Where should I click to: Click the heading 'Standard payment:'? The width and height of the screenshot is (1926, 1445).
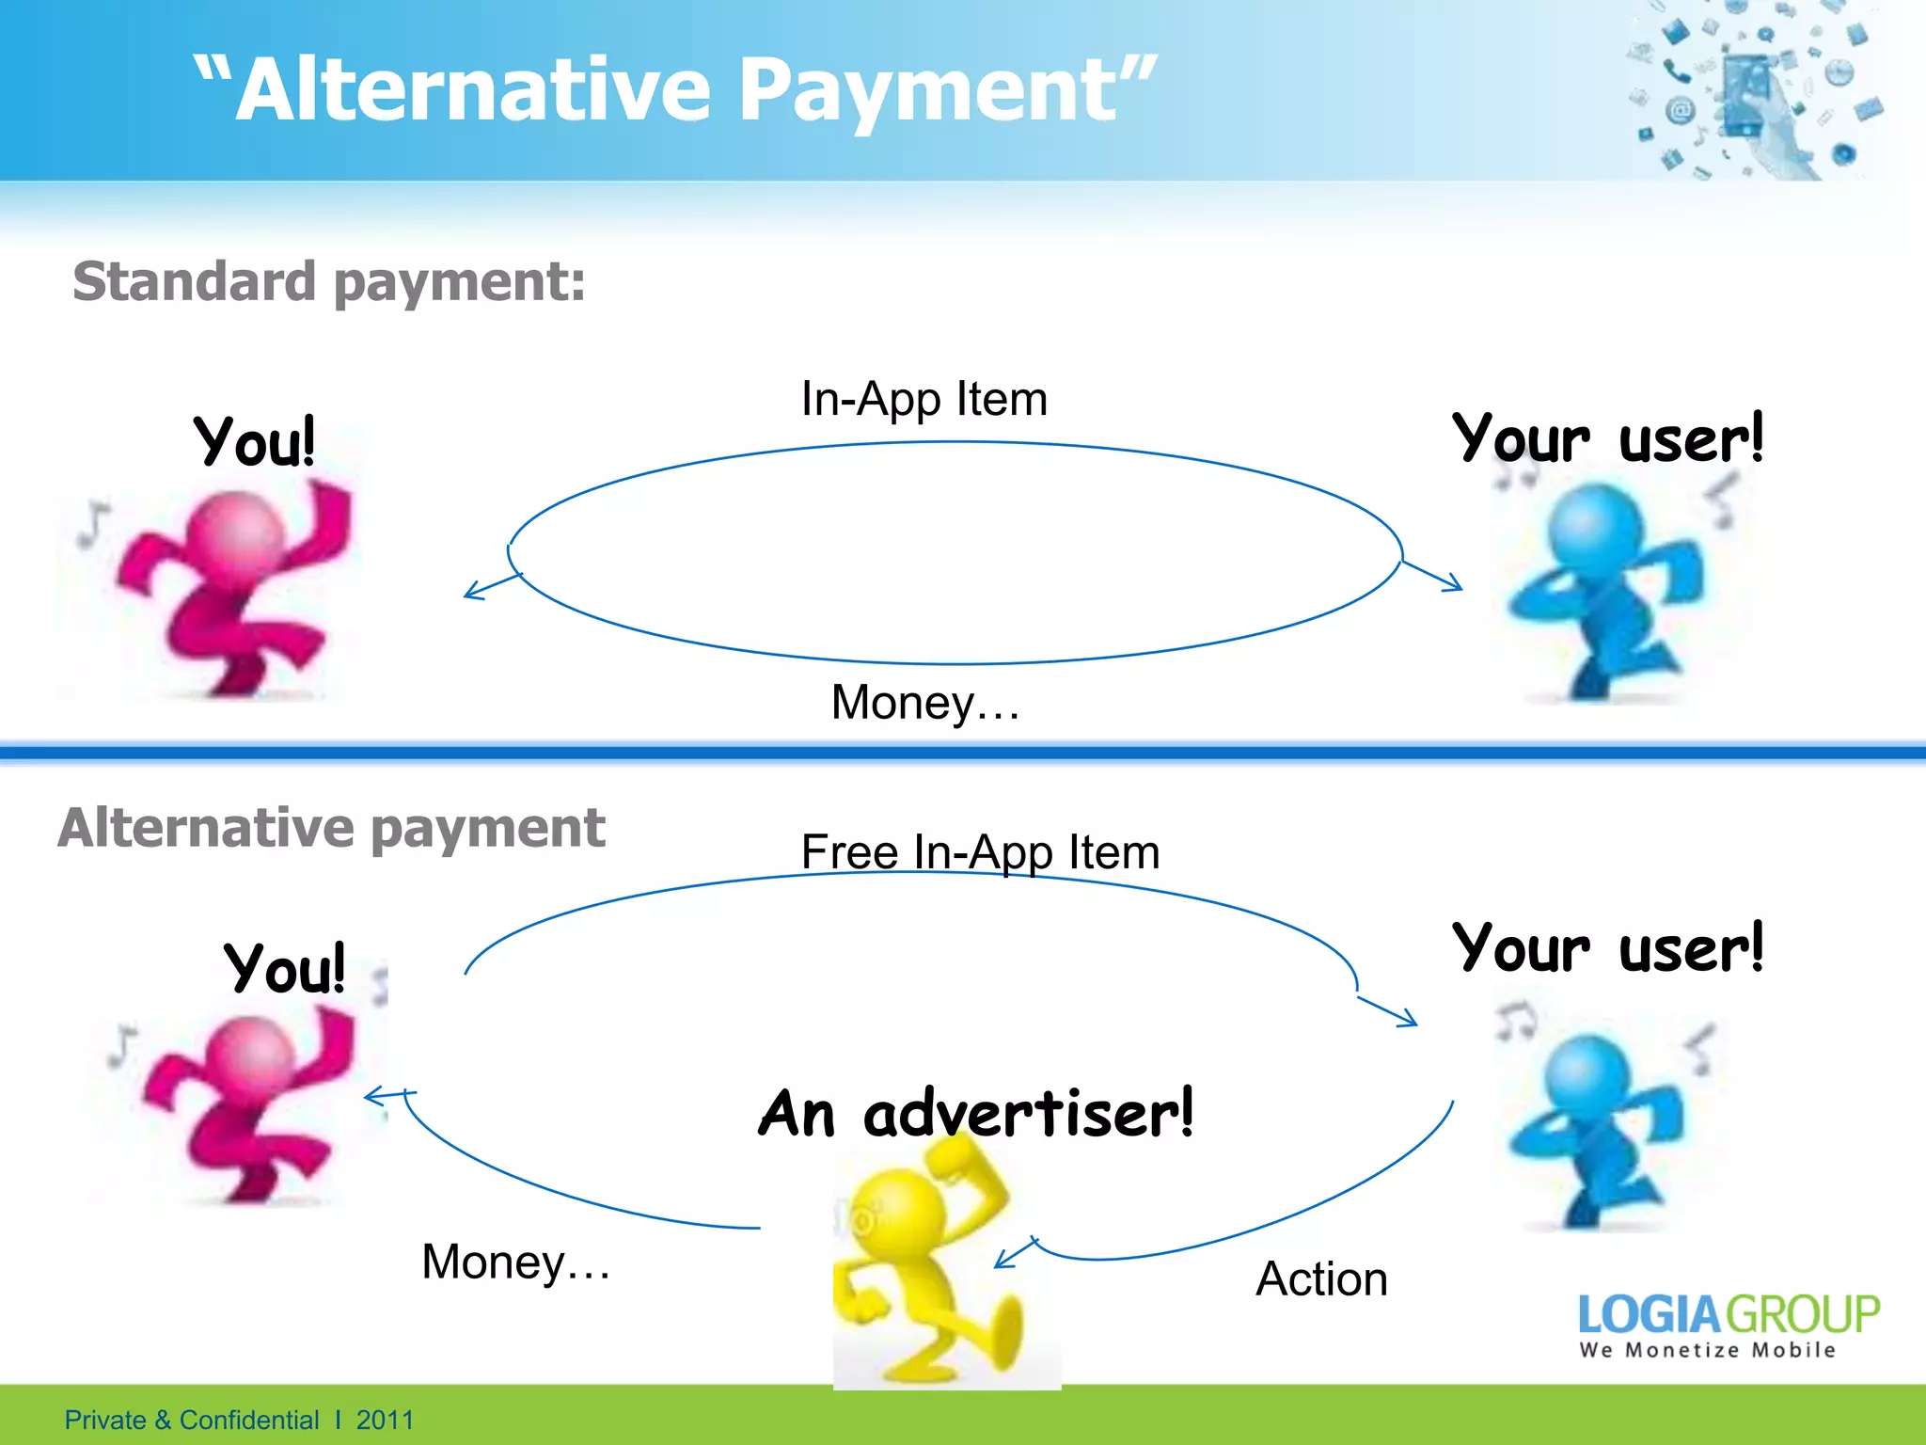point(329,281)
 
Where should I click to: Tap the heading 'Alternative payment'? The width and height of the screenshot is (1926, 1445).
point(331,828)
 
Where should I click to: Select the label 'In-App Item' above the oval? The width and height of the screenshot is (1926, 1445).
point(924,399)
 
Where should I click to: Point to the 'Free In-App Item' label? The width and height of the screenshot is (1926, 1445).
point(980,852)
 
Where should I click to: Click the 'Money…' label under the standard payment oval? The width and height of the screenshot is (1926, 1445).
point(925,703)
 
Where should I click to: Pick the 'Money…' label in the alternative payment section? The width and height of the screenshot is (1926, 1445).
point(515,1262)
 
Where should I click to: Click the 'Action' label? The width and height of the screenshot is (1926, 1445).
point(1321,1279)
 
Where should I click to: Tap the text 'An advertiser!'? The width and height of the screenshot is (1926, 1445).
point(976,1113)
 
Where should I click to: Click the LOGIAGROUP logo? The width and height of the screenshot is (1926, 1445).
point(1729,1314)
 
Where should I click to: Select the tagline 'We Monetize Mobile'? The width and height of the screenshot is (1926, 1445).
point(1707,1350)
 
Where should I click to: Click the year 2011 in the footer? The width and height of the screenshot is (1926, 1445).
point(385,1420)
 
